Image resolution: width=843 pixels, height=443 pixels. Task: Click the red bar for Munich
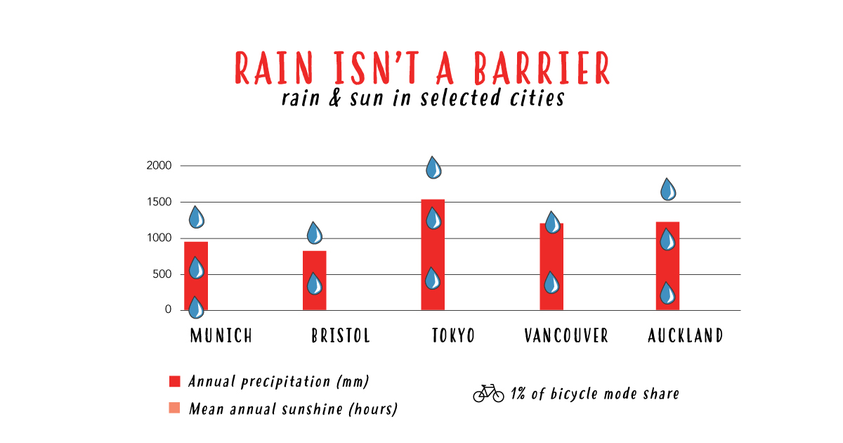pyautogui.click(x=196, y=276)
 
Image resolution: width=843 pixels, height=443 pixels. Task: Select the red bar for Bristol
pyautogui.click(x=315, y=281)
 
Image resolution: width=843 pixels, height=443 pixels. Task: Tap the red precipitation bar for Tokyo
pyautogui.click(x=433, y=255)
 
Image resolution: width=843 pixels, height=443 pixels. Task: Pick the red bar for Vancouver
pyautogui.click(x=551, y=267)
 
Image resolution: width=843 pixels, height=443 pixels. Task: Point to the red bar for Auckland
pyautogui.click(x=667, y=266)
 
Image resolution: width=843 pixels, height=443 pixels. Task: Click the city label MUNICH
pyautogui.click(x=221, y=335)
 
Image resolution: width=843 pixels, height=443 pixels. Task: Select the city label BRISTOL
pyautogui.click(x=341, y=335)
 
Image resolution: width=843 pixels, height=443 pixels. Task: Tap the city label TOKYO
pyautogui.click(x=454, y=335)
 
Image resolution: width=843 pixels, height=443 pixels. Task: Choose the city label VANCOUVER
pyautogui.click(x=566, y=335)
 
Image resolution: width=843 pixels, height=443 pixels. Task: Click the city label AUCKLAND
pyautogui.click(x=686, y=335)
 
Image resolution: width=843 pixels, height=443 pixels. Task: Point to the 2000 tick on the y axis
pyautogui.click(x=159, y=165)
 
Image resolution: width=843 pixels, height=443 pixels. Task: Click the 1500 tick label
pyautogui.click(x=159, y=202)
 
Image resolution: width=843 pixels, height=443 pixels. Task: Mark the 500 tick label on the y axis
pyautogui.click(x=162, y=274)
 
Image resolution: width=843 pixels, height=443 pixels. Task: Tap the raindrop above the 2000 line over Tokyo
pyautogui.click(x=433, y=167)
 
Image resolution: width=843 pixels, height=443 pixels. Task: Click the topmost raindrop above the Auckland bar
pyautogui.click(x=668, y=189)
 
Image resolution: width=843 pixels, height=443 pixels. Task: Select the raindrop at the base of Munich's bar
pyautogui.click(x=196, y=307)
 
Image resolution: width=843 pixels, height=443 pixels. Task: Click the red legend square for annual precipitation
pyautogui.click(x=175, y=381)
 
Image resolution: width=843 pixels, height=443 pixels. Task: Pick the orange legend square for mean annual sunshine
pyautogui.click(x=174, y=408)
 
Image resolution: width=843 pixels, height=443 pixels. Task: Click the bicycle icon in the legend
pyautogui.click(x=488, y=393)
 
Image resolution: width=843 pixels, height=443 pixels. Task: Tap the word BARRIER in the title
pyautogui.click(x=542, y=68)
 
